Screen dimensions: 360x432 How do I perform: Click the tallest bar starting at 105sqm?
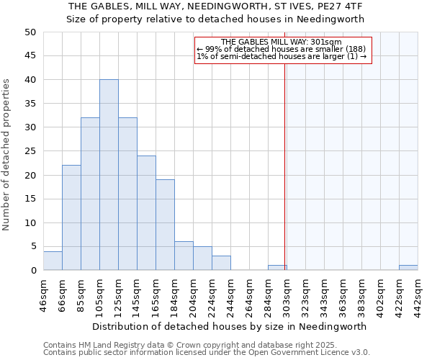tap(109, 175)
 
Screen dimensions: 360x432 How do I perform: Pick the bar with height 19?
tap(165, 225)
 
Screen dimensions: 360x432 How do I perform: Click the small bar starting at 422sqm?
tap(408, 268)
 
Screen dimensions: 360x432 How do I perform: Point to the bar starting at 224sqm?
tap(221, 263)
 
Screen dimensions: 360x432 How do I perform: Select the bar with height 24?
tap(146, 213)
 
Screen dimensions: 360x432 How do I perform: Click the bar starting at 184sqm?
tap(184, 256)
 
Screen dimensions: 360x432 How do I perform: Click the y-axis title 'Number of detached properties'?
tap(7, 155)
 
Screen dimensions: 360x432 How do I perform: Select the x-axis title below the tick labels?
tap(230, 326)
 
